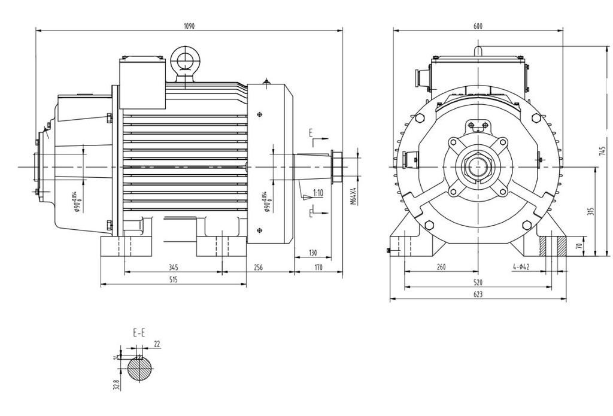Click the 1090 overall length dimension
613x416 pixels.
[x=189, y=26]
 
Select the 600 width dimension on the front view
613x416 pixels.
[x=478, y=26]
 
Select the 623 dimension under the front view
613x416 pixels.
[x=478, y=294]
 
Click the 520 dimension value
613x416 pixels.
[x=478, y=281]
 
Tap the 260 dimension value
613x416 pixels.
[x=441, y=268]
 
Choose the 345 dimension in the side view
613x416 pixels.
[x=173, y=268]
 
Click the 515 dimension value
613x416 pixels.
[x=173, y=280]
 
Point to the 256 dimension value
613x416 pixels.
[x=259, y=268]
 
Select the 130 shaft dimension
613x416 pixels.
[x=312, y=253]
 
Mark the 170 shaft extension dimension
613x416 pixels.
[x=318, y=268]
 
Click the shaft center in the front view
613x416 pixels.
[x=478, y=166]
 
